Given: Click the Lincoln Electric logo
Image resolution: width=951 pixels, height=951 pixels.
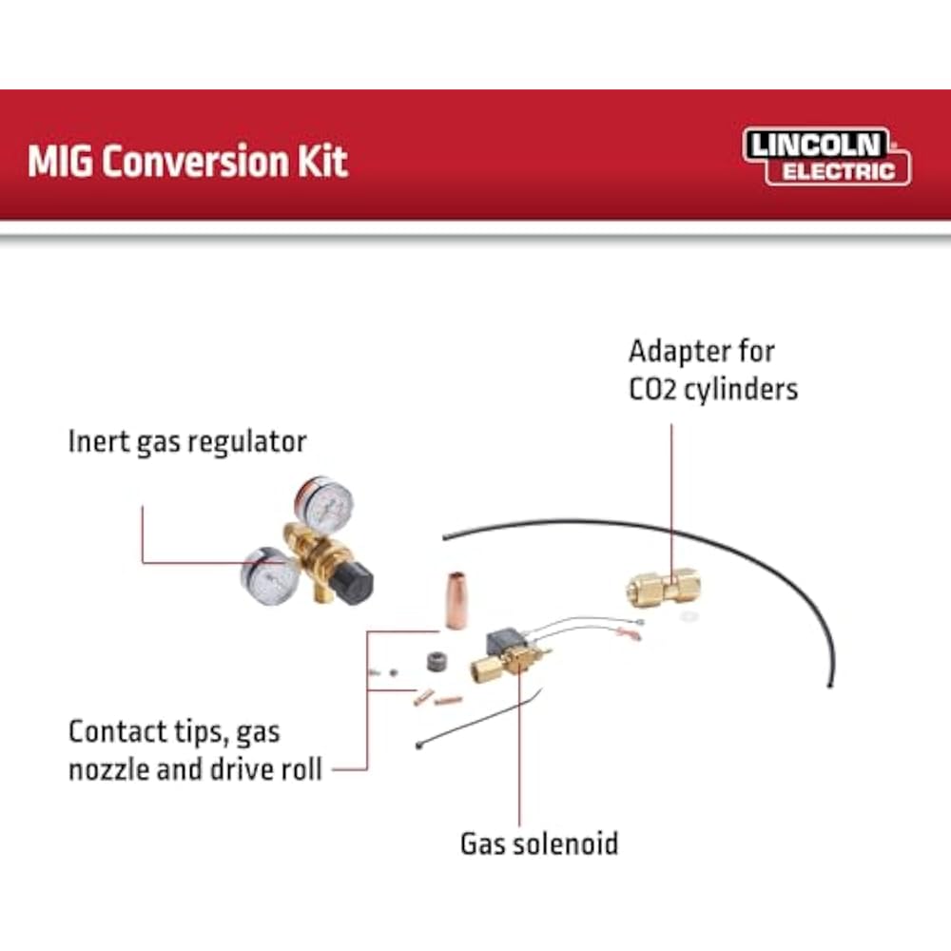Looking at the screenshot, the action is click(825, 156).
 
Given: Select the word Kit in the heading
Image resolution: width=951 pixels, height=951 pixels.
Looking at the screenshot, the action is click(324, 161).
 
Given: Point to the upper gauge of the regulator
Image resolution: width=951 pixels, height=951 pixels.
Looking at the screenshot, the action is click(324, 505).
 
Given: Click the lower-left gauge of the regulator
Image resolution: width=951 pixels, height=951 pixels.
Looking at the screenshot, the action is click(270, 573).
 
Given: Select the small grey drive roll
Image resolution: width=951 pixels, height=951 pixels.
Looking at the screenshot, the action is click(437, 661).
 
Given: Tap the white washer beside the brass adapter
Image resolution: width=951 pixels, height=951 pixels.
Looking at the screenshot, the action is click(691, 617).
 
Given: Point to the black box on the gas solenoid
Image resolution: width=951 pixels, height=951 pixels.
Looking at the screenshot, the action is click(506, 643).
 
